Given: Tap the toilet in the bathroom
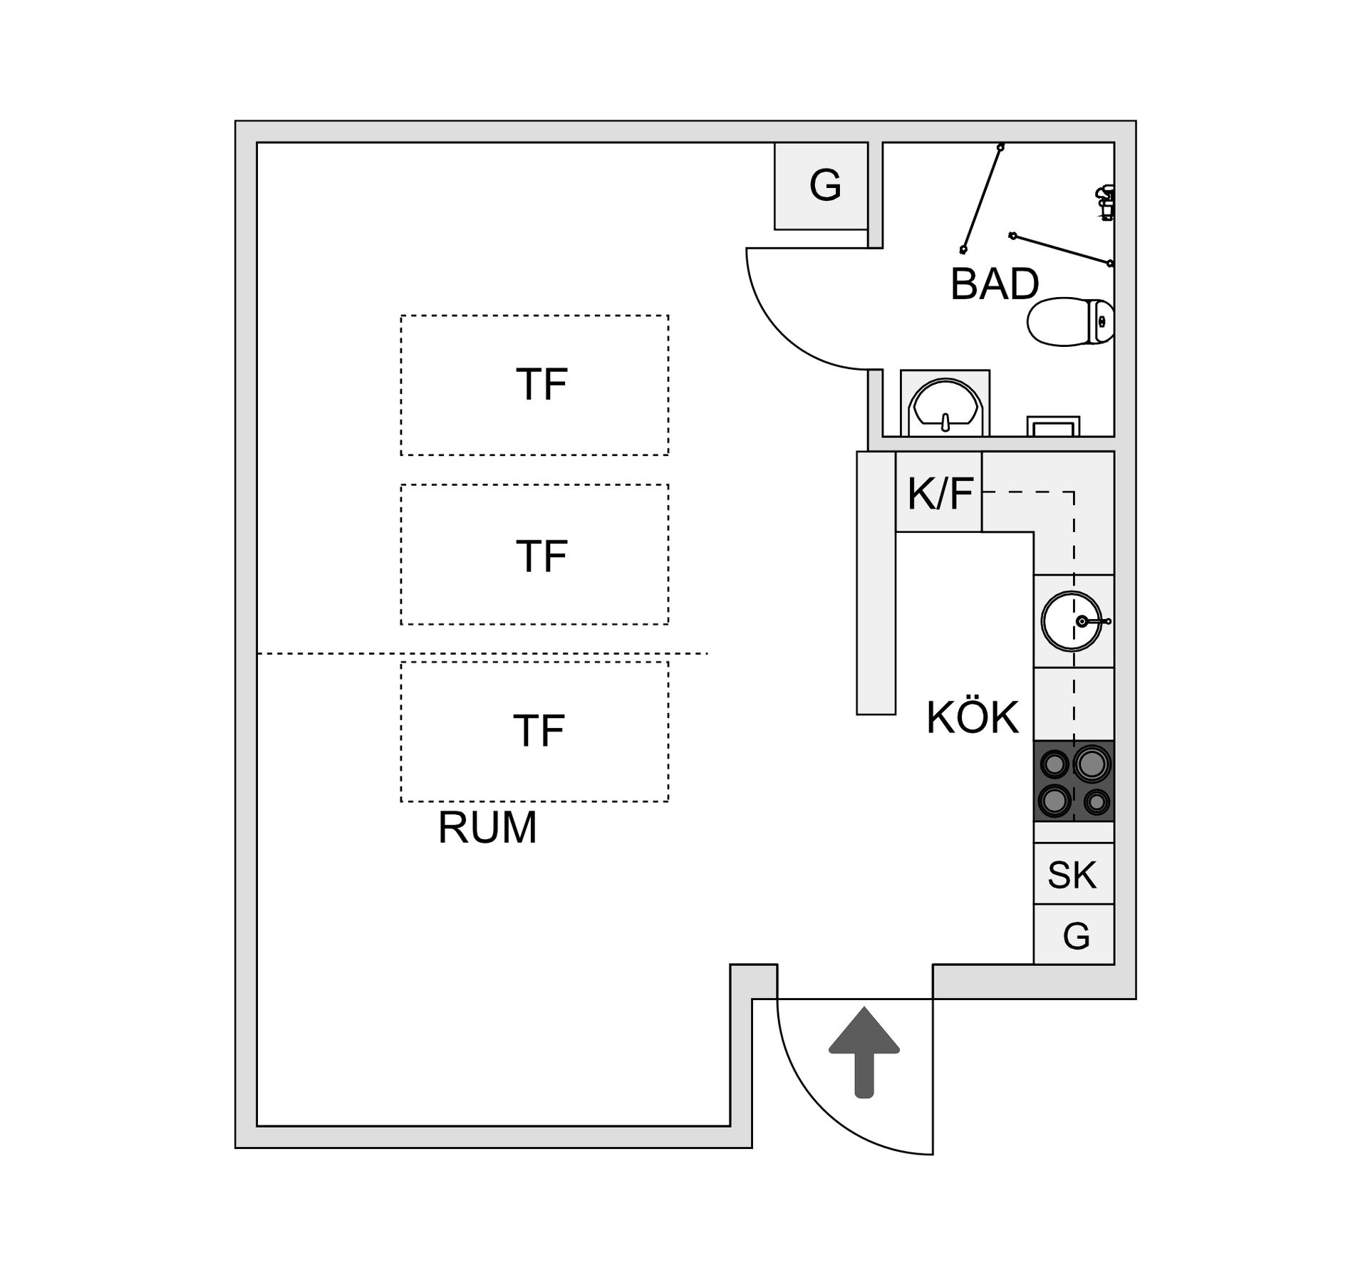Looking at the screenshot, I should point(1069,322).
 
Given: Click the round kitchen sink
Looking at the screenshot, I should point(1071,621).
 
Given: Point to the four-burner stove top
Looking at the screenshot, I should point(1074,781).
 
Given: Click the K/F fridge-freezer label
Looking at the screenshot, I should point(940,493).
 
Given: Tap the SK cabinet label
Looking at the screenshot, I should point(1072,875).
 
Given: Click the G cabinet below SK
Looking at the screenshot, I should point(1074,936).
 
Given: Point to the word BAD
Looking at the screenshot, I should point(995,284).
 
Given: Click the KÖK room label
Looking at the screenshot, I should point(973,717).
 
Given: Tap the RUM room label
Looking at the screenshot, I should point(487,828).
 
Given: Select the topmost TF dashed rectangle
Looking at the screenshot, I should point(534,385).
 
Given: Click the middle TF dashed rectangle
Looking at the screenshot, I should point(534,554).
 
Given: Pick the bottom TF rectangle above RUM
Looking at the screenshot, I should point(534,732).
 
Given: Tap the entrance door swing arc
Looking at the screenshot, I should point(819,1126).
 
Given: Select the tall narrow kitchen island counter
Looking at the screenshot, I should point(876,583).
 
